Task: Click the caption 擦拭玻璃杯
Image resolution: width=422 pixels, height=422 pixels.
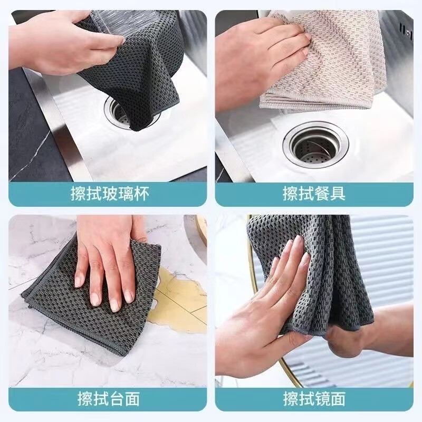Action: pyautogui.click(x=110, y=194)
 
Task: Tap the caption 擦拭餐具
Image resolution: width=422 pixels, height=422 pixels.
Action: pyautogui.click(x=314, y=194)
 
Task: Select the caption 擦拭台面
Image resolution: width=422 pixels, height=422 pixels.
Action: pyautogui.click(x=109, y=399)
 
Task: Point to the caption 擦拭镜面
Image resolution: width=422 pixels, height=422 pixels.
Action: pyautogui.click(x=314, y=399)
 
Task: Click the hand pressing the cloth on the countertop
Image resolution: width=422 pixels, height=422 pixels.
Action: pyautogui.click(x=110, y=258)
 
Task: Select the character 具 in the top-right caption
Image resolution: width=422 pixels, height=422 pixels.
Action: pyautogui.click(x=338, y=194)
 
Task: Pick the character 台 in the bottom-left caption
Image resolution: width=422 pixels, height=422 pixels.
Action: pyautogui.click(x=117, y=399)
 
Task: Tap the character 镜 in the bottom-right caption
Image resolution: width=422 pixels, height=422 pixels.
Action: pyautogui.click(x=322, y=399)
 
